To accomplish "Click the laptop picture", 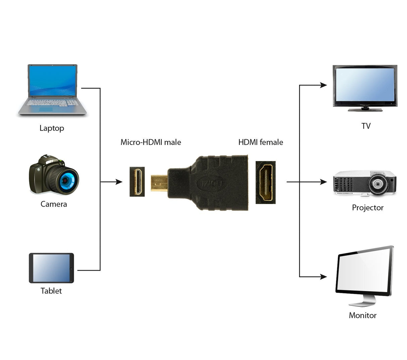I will pos(52,89).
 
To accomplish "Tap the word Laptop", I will pos(52,128).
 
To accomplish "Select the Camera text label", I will pos(54,204).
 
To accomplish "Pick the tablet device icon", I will pos(51,268).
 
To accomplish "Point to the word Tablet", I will pos(51,291).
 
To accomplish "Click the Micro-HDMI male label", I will pos(151,142).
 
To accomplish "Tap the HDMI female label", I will pos(260,142).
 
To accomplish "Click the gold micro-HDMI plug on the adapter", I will pos(159,183).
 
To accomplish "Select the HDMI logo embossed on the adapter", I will pos(211,183).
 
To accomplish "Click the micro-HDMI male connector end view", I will pos(137,182).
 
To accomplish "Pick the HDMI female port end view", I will pos(266,183).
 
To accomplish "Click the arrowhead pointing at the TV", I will pos(323,85).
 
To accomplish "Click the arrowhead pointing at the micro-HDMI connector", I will pos(119,182).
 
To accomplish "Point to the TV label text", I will pos(366,126).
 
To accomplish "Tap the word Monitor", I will pos(362,315).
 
